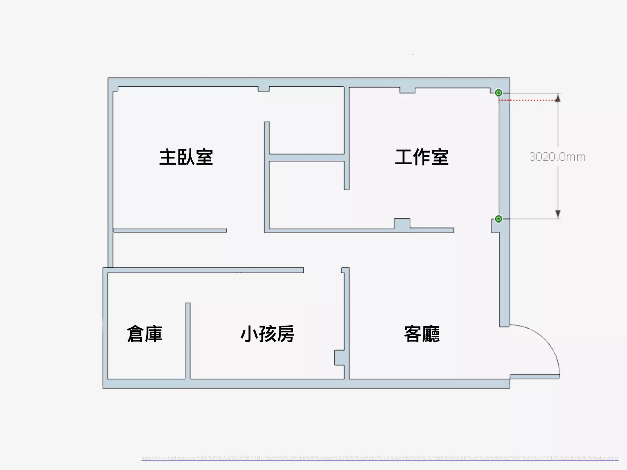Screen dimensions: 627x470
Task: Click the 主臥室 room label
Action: [186, 157]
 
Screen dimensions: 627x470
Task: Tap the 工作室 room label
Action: [422, 157]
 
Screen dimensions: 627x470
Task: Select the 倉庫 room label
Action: [145, 334]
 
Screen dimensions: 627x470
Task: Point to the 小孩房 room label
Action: [267, 334]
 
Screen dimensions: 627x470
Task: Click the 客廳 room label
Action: [422, 334]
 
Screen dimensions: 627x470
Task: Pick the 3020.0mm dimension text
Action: [557, 157]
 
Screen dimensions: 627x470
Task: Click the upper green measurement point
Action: [498, 92]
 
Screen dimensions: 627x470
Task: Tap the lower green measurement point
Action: [498, 219]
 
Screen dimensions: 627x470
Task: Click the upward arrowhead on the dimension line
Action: [558, 98]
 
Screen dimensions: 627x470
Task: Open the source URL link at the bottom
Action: [380, 458]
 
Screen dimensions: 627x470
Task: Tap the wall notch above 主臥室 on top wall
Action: [263, 89]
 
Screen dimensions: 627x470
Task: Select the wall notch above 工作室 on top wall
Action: [407, 90]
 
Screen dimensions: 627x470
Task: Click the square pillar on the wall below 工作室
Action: [402, 224]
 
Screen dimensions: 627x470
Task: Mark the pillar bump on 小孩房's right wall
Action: [339, 358]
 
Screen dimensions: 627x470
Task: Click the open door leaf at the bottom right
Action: [535, 377]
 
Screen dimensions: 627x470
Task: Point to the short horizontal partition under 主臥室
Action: [170, 230]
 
